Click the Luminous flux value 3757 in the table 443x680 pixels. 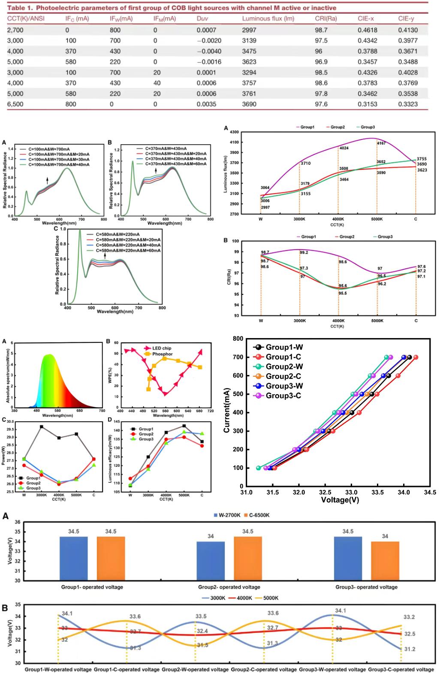(x=249, y=83)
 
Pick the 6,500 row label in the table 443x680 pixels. (x=15, y=104)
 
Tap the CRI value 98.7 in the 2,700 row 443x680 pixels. (x=321, y=30)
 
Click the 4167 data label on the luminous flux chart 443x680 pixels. (x=381, y=143)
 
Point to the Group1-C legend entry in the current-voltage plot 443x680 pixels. (x=283, y=357)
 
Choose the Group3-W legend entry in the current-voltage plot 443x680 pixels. (x=284, y=386)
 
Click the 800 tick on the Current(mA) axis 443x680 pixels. (x=238, y=338)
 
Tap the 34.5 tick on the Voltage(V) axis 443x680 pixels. (x=430, y=493)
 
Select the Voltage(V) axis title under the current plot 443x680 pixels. (x=340, y=500)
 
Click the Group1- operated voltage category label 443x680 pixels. (x=92, y=587)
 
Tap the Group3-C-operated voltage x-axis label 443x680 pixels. (x=401, y=670)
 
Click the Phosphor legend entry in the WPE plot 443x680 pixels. (x=162, y=354)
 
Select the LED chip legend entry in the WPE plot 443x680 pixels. (x=161, y=348)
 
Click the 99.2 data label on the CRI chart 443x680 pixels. (x=304, y=253)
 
